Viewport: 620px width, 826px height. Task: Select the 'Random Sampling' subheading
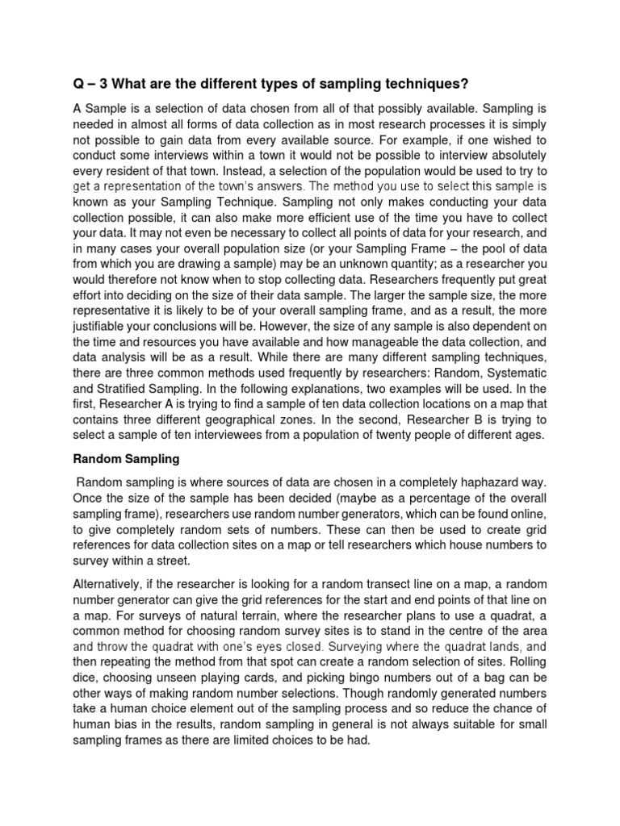(x=126, y=458)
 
